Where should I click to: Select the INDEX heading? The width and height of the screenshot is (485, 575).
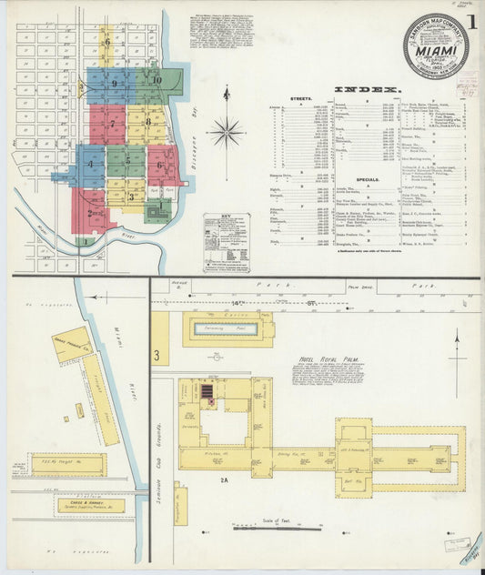(367, 90)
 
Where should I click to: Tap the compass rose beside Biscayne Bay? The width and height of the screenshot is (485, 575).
(226, 131)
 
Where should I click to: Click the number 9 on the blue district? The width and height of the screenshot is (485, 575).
(114, 84)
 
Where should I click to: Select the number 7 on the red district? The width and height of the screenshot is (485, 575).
(112, 124)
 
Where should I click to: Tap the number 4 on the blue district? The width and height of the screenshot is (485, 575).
(90, 164)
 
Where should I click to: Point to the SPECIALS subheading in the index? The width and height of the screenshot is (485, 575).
(368, 179)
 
